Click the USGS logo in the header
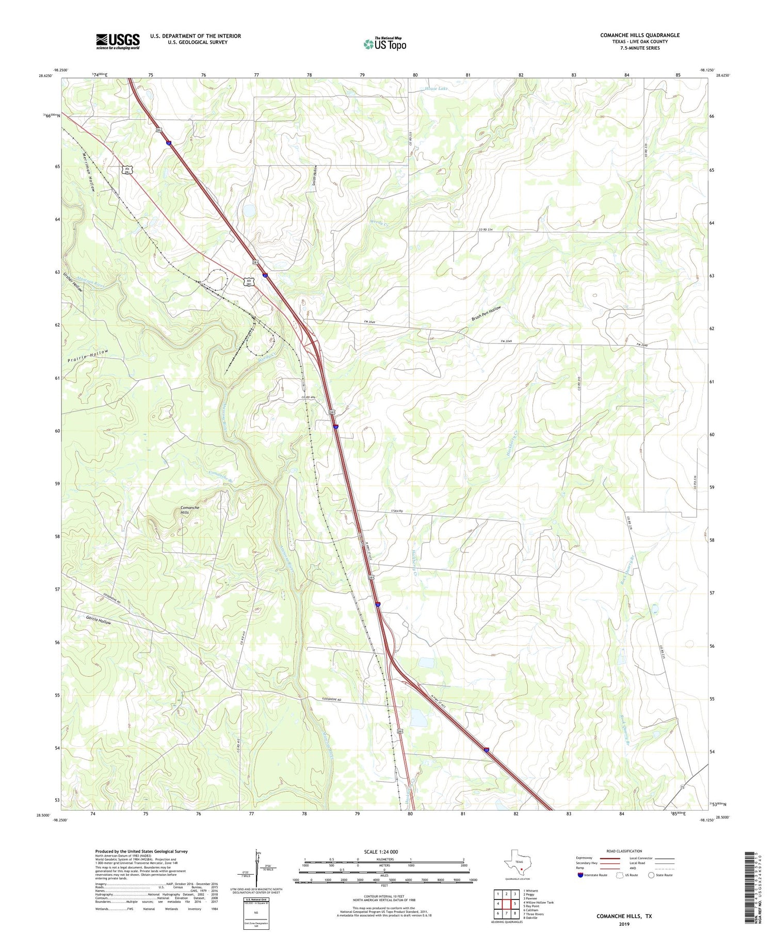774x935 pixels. (x=118, y=41)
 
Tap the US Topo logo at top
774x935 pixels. (x=384, y=44)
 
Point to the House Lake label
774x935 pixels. (x=437, y=89)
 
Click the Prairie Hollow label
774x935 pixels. (x=88, y=356)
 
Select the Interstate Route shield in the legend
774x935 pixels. (x=580, y=875)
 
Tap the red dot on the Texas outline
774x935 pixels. (x=521, y=868)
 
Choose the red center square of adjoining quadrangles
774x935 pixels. (x=506, y=904)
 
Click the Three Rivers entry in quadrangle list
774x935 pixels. (x=534, y=914)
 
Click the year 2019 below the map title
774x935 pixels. (x=624, y=924)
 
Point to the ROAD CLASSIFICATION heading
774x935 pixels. (x=624, y=851)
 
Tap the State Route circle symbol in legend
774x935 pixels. (x=652, y=875)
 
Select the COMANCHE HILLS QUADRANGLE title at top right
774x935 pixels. (x=639, y=35)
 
